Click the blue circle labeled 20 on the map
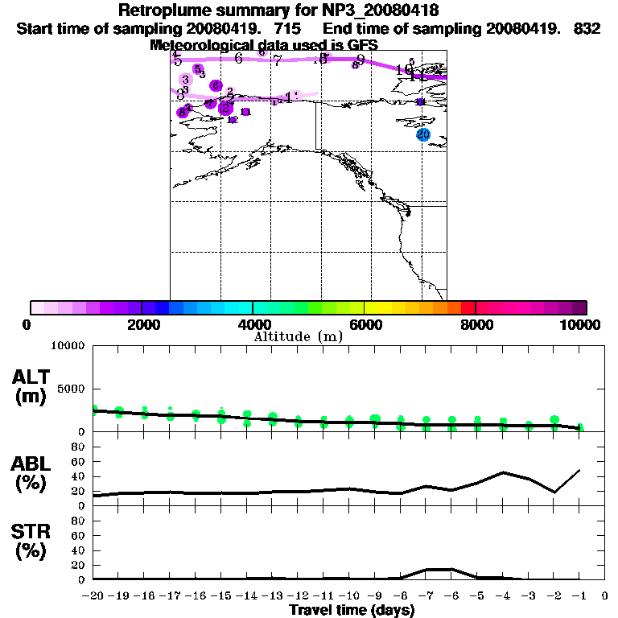[423, 134]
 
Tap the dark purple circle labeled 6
[216, 85]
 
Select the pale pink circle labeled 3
[186, 80]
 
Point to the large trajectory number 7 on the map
[277, 60]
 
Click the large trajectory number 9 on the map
[361, 60]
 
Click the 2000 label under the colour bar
[142, 324]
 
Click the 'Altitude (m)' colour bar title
[299, 336]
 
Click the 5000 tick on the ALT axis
[72, 389]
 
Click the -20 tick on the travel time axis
[93, 596]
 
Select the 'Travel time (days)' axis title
[352, 611]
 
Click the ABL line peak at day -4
[503, 472]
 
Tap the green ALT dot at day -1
[580, 427]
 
